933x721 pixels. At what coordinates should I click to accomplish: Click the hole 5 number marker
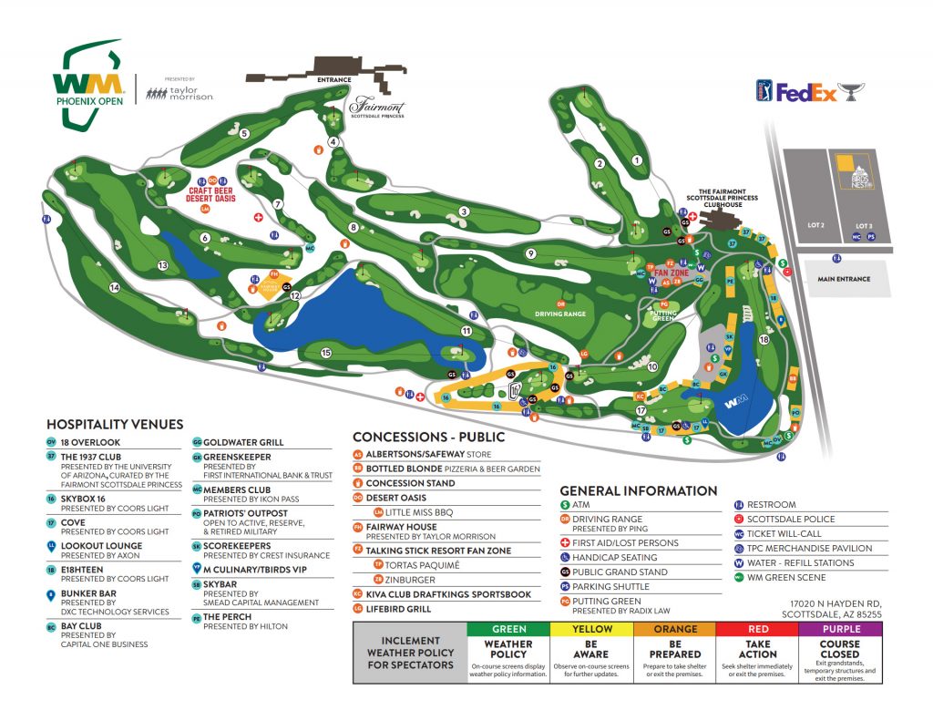point(244,134)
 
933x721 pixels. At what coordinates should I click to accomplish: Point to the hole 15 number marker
point(325,353)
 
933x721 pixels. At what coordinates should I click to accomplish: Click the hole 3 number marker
point(464,211)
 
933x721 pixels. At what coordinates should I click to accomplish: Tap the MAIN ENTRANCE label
point(844,279)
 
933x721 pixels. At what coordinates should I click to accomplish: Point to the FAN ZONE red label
point(671,273)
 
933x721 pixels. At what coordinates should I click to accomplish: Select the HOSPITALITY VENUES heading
point(115,424)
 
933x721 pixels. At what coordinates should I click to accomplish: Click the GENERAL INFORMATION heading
point(639,490)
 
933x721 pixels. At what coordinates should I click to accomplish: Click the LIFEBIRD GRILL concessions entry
point(398,608)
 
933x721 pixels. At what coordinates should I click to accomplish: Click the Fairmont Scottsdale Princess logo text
point(376,108)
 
